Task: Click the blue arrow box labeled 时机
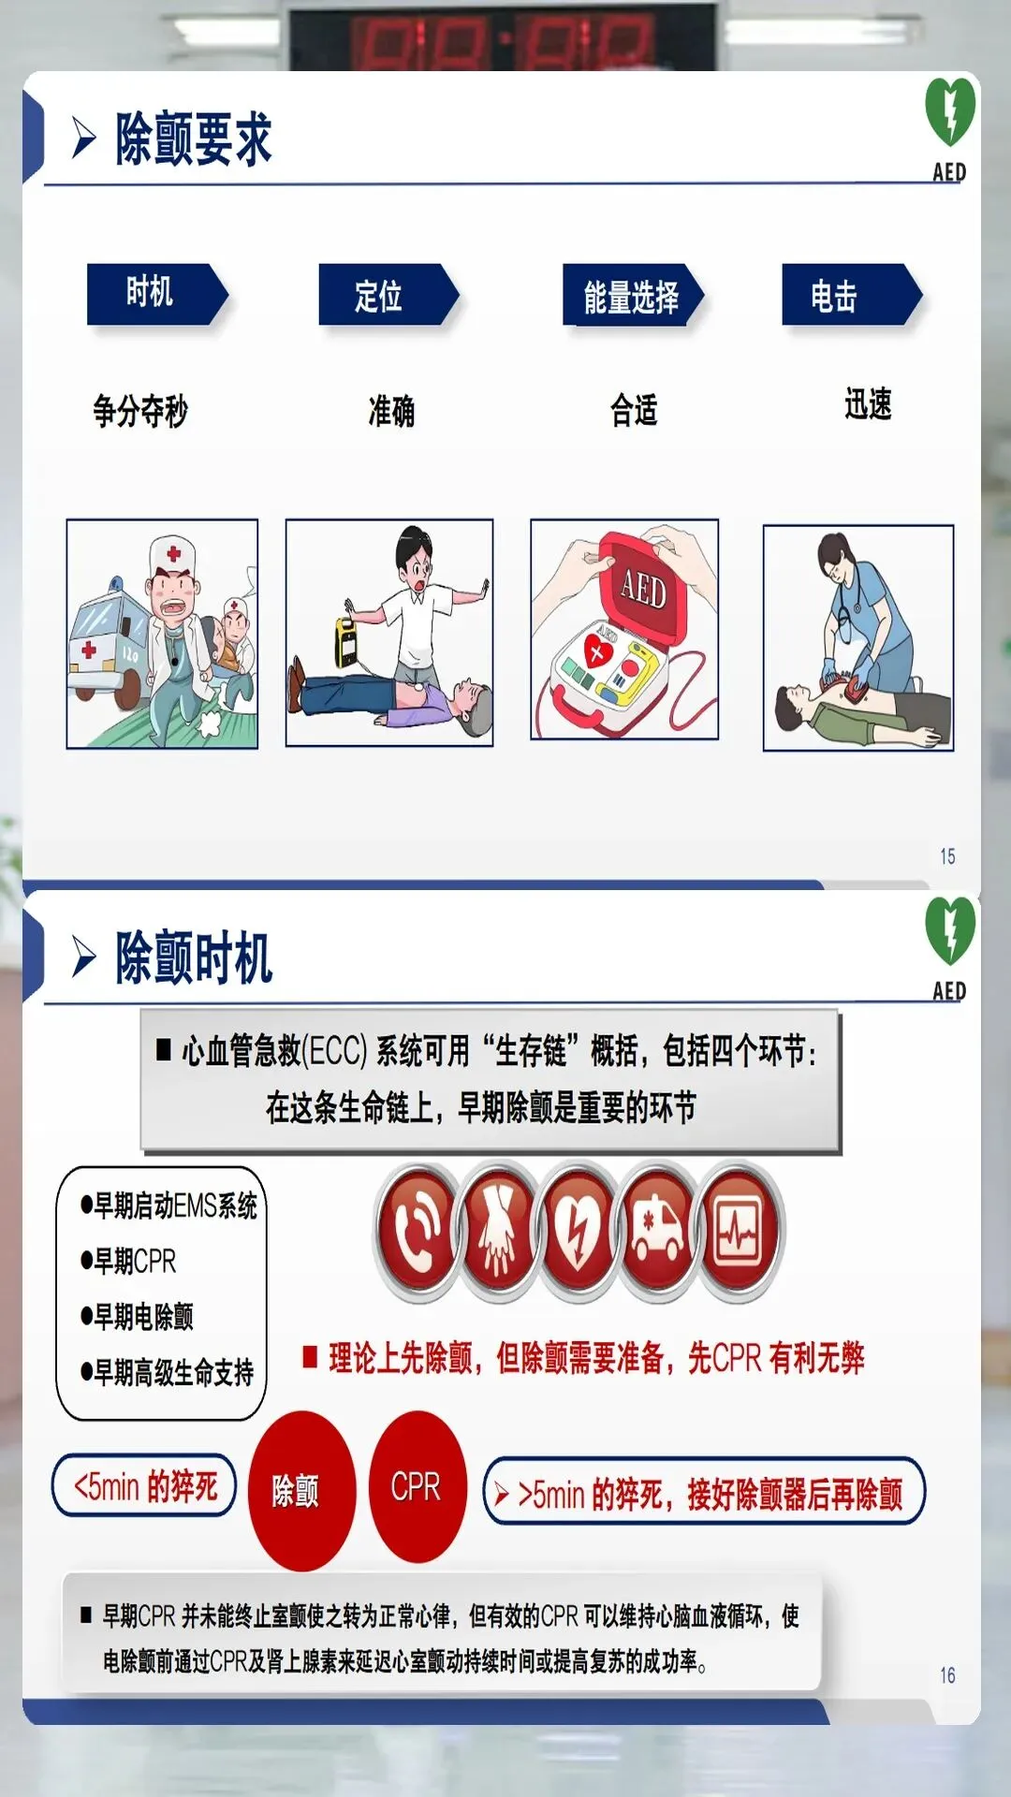[156, 294]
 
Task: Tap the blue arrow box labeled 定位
[388, 294]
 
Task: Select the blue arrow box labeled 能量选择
[632, 295]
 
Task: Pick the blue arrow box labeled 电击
[852, 295]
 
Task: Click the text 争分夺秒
[140, 410]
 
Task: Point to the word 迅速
[868, 404]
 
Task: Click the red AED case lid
[644, 588]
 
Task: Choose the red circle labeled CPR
[418, 1486]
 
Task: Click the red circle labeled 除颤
[301, 1490]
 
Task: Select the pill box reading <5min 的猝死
[144, 1484]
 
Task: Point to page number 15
[947, 856]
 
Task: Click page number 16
[947, 1675]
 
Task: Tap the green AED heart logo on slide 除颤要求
[950, 112]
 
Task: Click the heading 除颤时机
[194, 957]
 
